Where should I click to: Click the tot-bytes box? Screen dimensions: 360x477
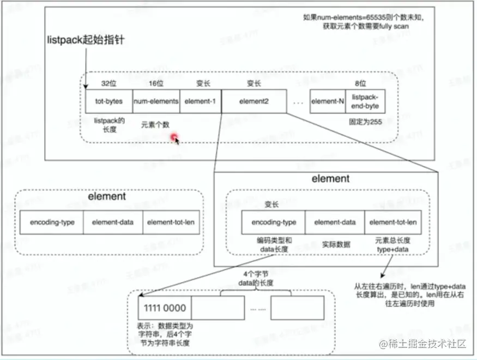(109, 101)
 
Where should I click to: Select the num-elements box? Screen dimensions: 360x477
(156, 101)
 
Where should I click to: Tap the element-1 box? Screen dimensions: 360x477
(201, 101)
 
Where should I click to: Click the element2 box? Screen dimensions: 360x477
(254, 101)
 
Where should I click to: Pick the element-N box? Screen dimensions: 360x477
(328, 101)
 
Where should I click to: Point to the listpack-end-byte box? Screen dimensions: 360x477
(365, 101)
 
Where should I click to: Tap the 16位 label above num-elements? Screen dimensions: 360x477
(156, 84)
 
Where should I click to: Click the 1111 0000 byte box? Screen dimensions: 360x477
(164, 308)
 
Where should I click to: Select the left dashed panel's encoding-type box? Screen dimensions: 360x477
(52, 223)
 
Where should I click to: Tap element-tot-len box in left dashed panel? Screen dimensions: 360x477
(171, 223)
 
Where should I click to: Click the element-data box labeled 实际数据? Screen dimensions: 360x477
(335, 222)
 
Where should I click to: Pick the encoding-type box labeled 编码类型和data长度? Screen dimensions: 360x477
(274, 222)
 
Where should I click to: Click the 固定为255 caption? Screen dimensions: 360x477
(364, 123)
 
